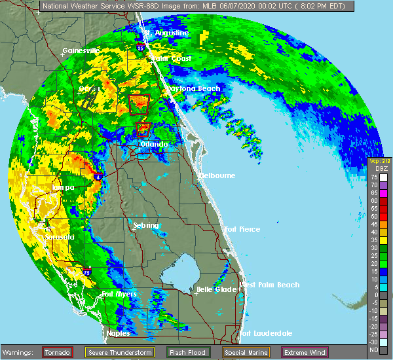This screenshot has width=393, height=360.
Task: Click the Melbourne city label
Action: pos(217,176)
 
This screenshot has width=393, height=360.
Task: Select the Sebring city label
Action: pos(146,226)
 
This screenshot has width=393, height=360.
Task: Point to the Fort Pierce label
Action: pos(242,229)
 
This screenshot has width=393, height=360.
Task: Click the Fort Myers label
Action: pos(119,295)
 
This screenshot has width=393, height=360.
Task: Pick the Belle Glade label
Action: pos(215,289)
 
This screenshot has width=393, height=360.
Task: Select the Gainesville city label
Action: pos(81,50)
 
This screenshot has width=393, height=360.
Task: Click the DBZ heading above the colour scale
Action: pos(373,169)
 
